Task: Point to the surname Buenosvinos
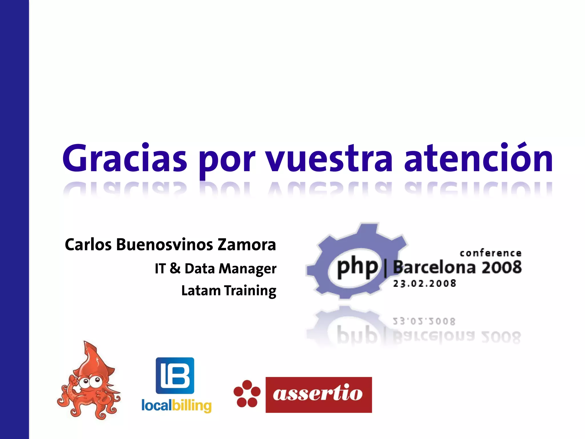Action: (165, 245)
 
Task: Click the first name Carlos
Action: (88, 245)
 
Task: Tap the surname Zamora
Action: (247, 245)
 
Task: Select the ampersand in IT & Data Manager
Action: (175, 268)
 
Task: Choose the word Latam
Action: (201, 291)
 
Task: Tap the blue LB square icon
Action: (175, 376)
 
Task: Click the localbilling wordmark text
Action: (177, 406)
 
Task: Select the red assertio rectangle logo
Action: (318, 395)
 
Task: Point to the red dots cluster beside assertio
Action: (247, 394)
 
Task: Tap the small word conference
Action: (490, 253)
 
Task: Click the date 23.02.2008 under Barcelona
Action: (424, 284)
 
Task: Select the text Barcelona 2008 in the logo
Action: (457, 267)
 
